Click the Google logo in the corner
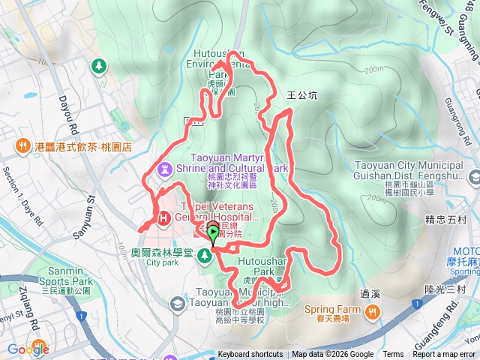(x=28, y=349)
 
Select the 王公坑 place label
(x=303, y=96)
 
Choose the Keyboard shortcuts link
(x=250, y=355)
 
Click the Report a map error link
(x=444, y=355)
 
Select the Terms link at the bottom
(x=393, y=355)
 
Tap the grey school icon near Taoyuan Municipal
(x=177, y=303)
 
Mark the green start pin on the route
(x=213, y=235)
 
